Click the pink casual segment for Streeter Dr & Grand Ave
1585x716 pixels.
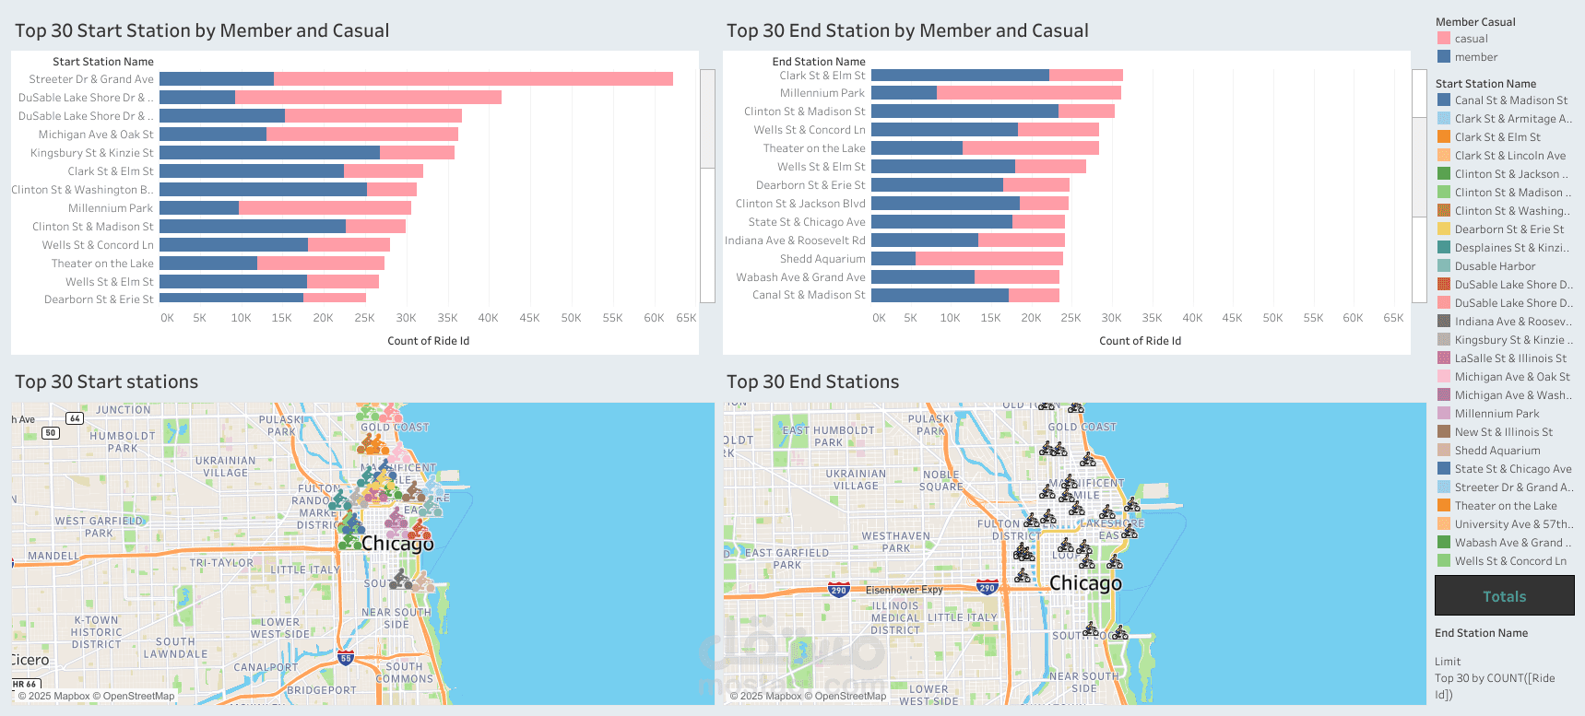click(x=473, y=79)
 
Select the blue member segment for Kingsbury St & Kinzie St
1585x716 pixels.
click(x=269, y=153)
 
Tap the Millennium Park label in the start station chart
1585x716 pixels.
click(x=111, y=208)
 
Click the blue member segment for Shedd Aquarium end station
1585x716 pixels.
click(x=893, y=259)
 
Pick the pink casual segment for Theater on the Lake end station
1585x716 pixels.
click(x=1030, y=148)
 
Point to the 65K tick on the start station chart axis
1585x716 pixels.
click(x=686, y=318)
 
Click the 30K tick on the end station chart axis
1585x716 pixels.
click(x=1111, y=318)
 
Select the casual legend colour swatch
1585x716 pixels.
click(x=1444, y=39)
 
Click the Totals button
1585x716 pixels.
click(x=1504, y=596)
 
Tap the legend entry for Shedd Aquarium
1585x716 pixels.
click(x=1496, y=451)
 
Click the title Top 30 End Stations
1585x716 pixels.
click(x=812, y=381)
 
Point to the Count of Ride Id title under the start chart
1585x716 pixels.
click(x=428, y=341)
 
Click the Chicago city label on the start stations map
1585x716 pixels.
click(x=397, y=544)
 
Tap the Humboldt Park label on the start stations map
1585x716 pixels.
click(x=123, y=442)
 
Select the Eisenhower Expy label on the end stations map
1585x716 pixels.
click(x=904, y=590)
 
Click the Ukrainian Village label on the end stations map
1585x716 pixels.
click(x=856, y=480)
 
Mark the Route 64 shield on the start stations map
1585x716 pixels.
click(x=75, y=418)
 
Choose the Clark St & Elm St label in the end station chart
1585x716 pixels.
click(x=822, y=76)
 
